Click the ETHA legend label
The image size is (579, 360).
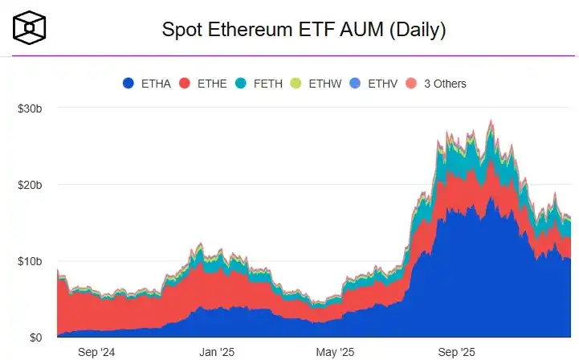(x=156, y=84)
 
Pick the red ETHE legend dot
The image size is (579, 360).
(x=184, y=84)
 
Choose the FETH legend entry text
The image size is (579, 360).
(x=268, y=84)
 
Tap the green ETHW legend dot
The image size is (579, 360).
(x=296, y=84)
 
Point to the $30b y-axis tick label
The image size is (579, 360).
(x=30, y=108)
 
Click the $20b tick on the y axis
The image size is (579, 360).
(x=30, y=185)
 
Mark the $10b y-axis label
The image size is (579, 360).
(x=30, y=261)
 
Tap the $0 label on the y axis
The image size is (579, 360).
(x=35, y=337)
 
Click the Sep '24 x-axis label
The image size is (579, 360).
(x=97, y=352)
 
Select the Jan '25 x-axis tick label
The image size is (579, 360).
(x=216, y=352)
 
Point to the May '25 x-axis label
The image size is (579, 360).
(x=335, y=352)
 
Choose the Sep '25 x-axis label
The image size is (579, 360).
(x=458, y=352)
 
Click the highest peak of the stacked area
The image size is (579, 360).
(x=491, y=122)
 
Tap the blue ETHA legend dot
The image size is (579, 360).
(x=128, y=84)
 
